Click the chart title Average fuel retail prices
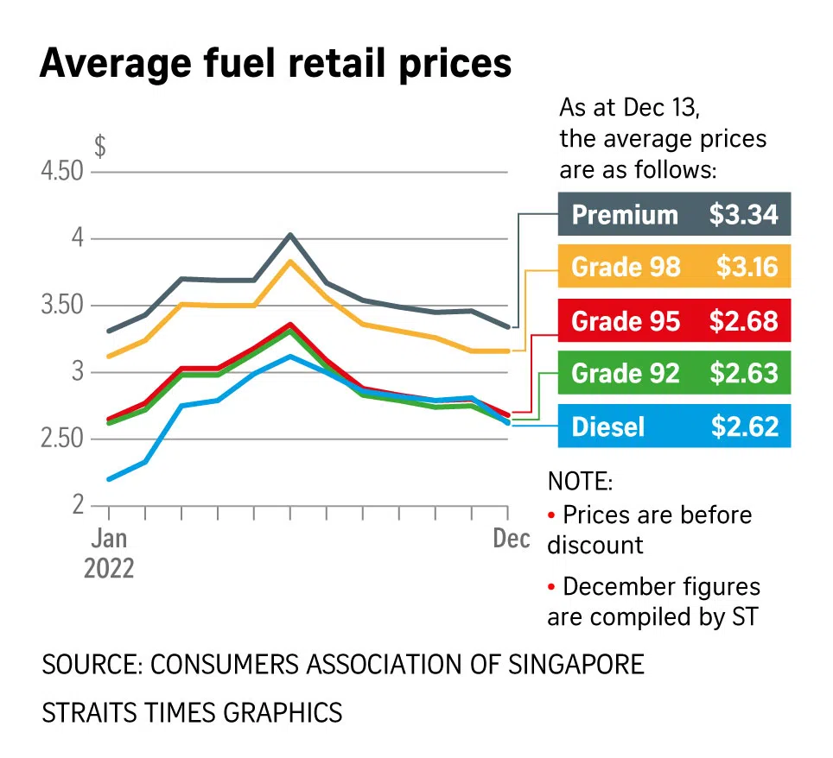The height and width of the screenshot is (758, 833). [275, 64]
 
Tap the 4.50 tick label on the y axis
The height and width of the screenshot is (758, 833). [61, 171]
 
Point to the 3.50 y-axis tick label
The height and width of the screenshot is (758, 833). [61, 306]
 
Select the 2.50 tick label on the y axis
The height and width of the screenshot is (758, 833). [61, 439]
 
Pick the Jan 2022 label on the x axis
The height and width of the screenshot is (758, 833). [110, 553]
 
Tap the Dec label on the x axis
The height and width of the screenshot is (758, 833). [512, 539]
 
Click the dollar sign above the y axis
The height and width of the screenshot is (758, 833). [100, 146]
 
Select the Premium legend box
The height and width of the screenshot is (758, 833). [674, 214]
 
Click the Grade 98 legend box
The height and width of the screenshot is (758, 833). [674, 268]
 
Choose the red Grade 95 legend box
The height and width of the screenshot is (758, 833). [674, 321]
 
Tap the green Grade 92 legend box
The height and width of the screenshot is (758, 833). [674, 373]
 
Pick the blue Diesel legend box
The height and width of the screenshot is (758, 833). [674, 426]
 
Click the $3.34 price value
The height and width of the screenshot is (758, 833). [744, 214]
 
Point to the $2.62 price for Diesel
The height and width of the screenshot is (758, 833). [744, 426]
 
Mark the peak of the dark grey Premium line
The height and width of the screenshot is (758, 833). [290, 234]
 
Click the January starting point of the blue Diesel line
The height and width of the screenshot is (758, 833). [109, 479]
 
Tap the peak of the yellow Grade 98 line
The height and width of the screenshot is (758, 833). [290, 261]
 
